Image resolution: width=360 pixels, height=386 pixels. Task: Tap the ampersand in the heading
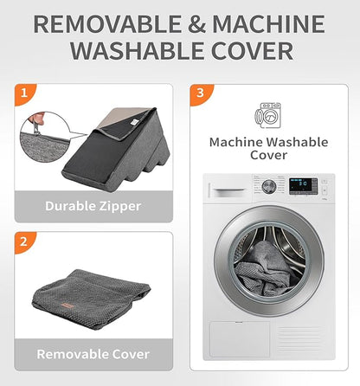tap(196, 24)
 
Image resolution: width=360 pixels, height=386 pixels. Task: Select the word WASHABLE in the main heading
tap(138, 51)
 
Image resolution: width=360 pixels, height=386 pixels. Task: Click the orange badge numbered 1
tap(25, 94)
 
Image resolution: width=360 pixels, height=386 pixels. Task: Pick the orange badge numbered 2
tap(25, 241)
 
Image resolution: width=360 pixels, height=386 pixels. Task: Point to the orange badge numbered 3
tap(201, 94)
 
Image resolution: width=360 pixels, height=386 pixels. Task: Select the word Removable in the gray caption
tap(73, 354)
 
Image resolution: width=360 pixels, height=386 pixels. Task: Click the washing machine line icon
tap(267, 115)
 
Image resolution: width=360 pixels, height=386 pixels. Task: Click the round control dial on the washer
tap(269, 187)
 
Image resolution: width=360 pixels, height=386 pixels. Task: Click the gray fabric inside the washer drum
tap(266, 271)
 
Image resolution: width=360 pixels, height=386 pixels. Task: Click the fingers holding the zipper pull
tap(38, 119)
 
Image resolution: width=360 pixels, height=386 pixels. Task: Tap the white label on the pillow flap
tap(133, 122)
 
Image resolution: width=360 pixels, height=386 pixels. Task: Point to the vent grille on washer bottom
tap(300, 339)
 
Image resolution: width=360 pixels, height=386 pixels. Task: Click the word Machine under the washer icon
tap(236, 142)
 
